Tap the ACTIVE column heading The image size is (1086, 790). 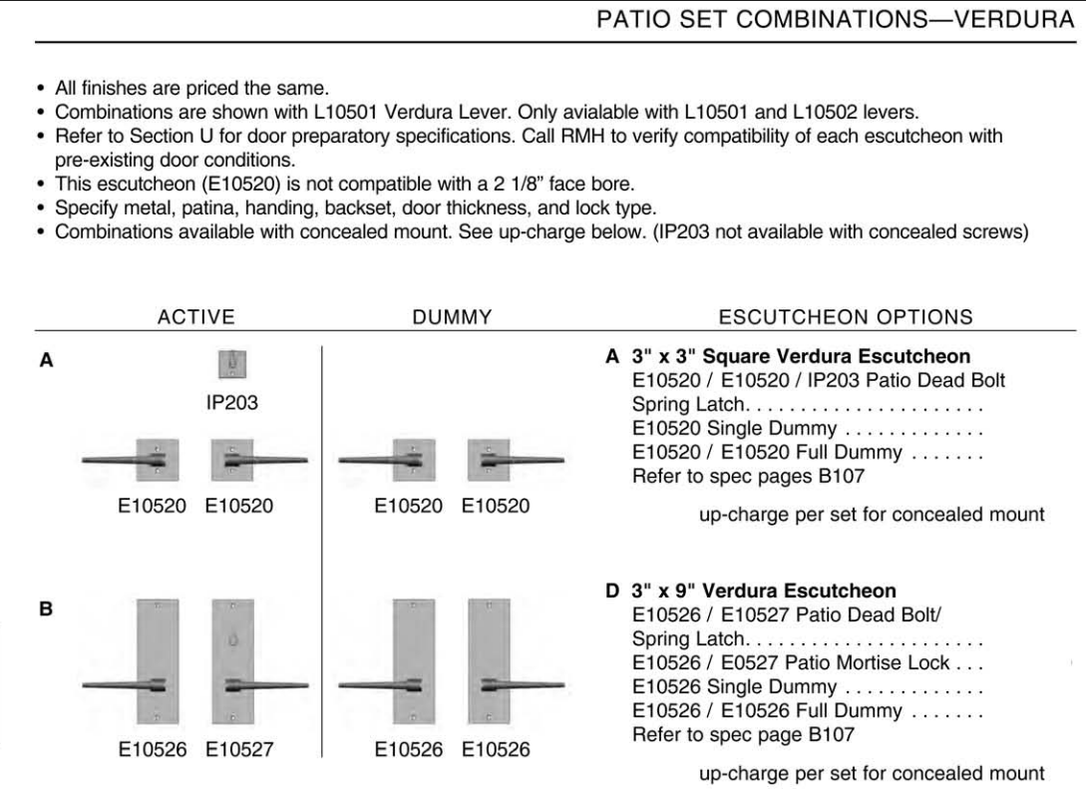196,317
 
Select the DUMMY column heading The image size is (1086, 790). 454,317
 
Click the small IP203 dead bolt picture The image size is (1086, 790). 232,367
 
